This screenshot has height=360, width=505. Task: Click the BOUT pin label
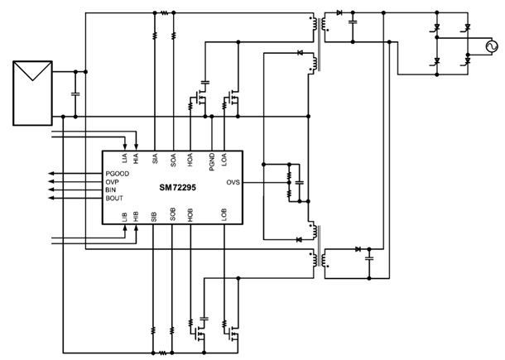[x=115, y=199]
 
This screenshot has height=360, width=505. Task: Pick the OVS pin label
[x=233, y=183]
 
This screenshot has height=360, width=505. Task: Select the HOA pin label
[x=191, y=161]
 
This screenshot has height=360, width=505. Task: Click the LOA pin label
[x=226, y=161]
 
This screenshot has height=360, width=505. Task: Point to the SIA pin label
[x=155, y=160]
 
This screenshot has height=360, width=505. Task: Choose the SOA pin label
[x=173, y=161]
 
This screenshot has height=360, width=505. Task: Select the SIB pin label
[x=155, y=216]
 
